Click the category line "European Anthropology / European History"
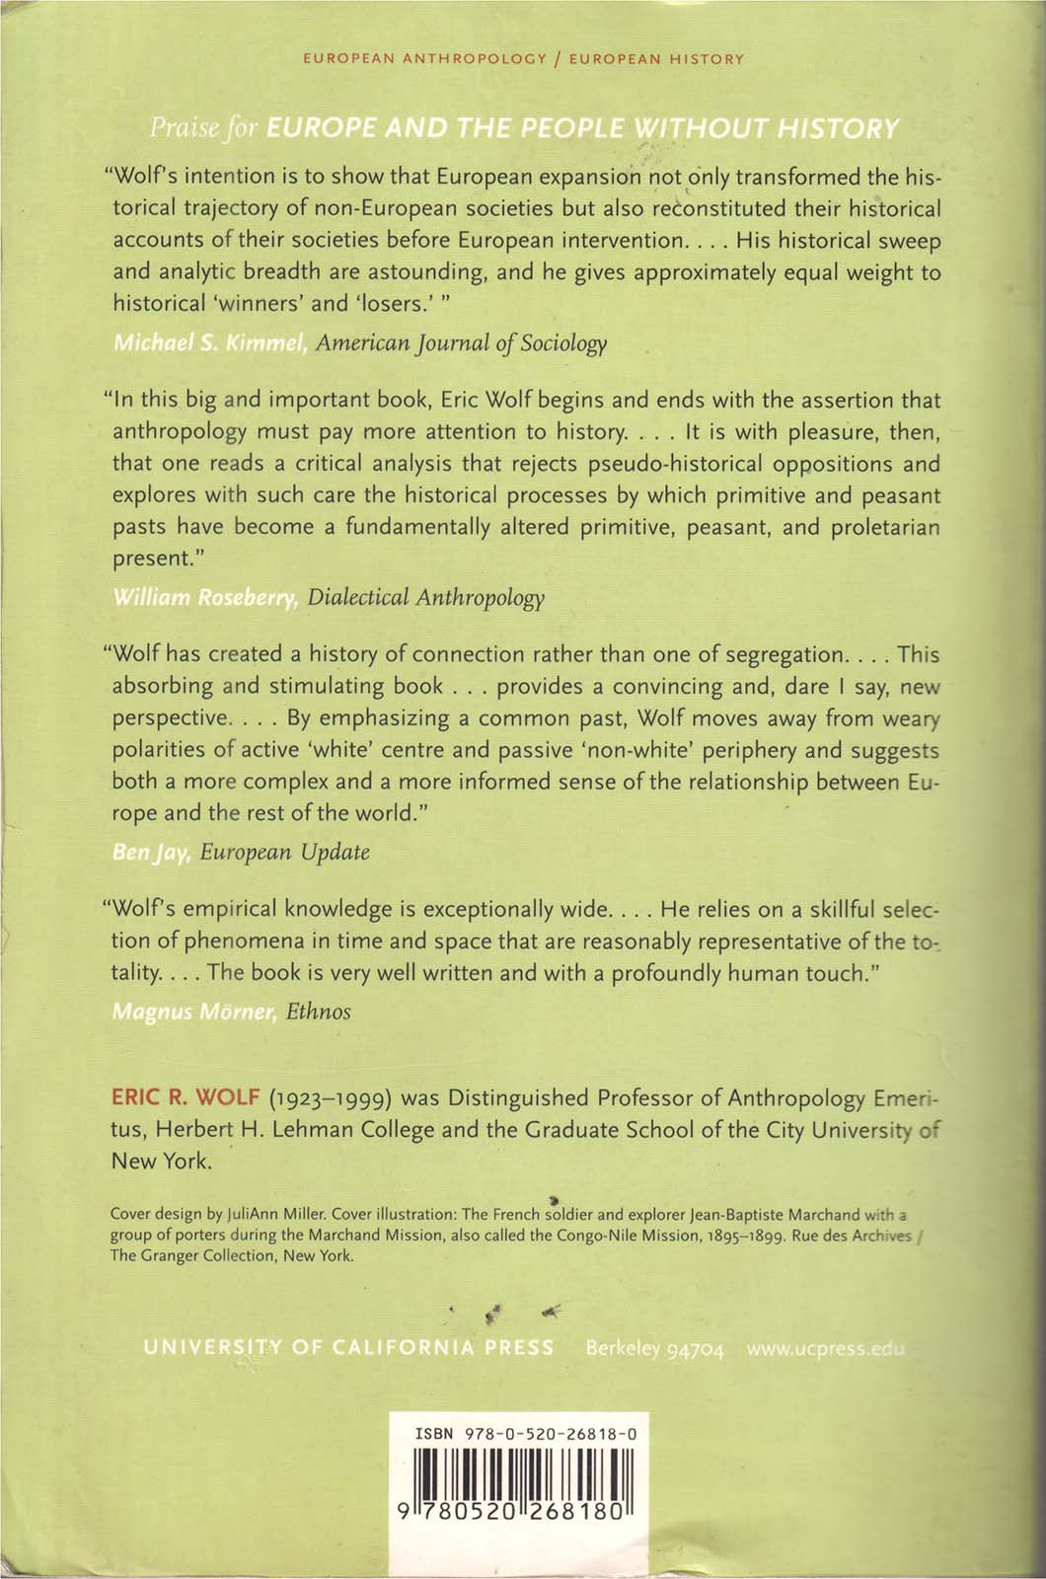pyautogui.click(x=523, y=59)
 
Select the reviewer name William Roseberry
pyautogui.click(x=206, y=598)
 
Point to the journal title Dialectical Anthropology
pyautogui.click(x=425, y=598)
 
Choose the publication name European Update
pyautogui.click(x=284, y=852)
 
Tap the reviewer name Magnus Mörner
pyautogui.click(x=193, y=1011)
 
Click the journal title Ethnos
pyautogui.click(x=318, y=1011)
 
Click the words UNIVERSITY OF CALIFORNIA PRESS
pyautogui.click(x=348, y=1348)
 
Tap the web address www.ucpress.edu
pyautogui.click(x=826, y=1349)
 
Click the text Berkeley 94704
pyautogui.click(x=655, y=1349)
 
